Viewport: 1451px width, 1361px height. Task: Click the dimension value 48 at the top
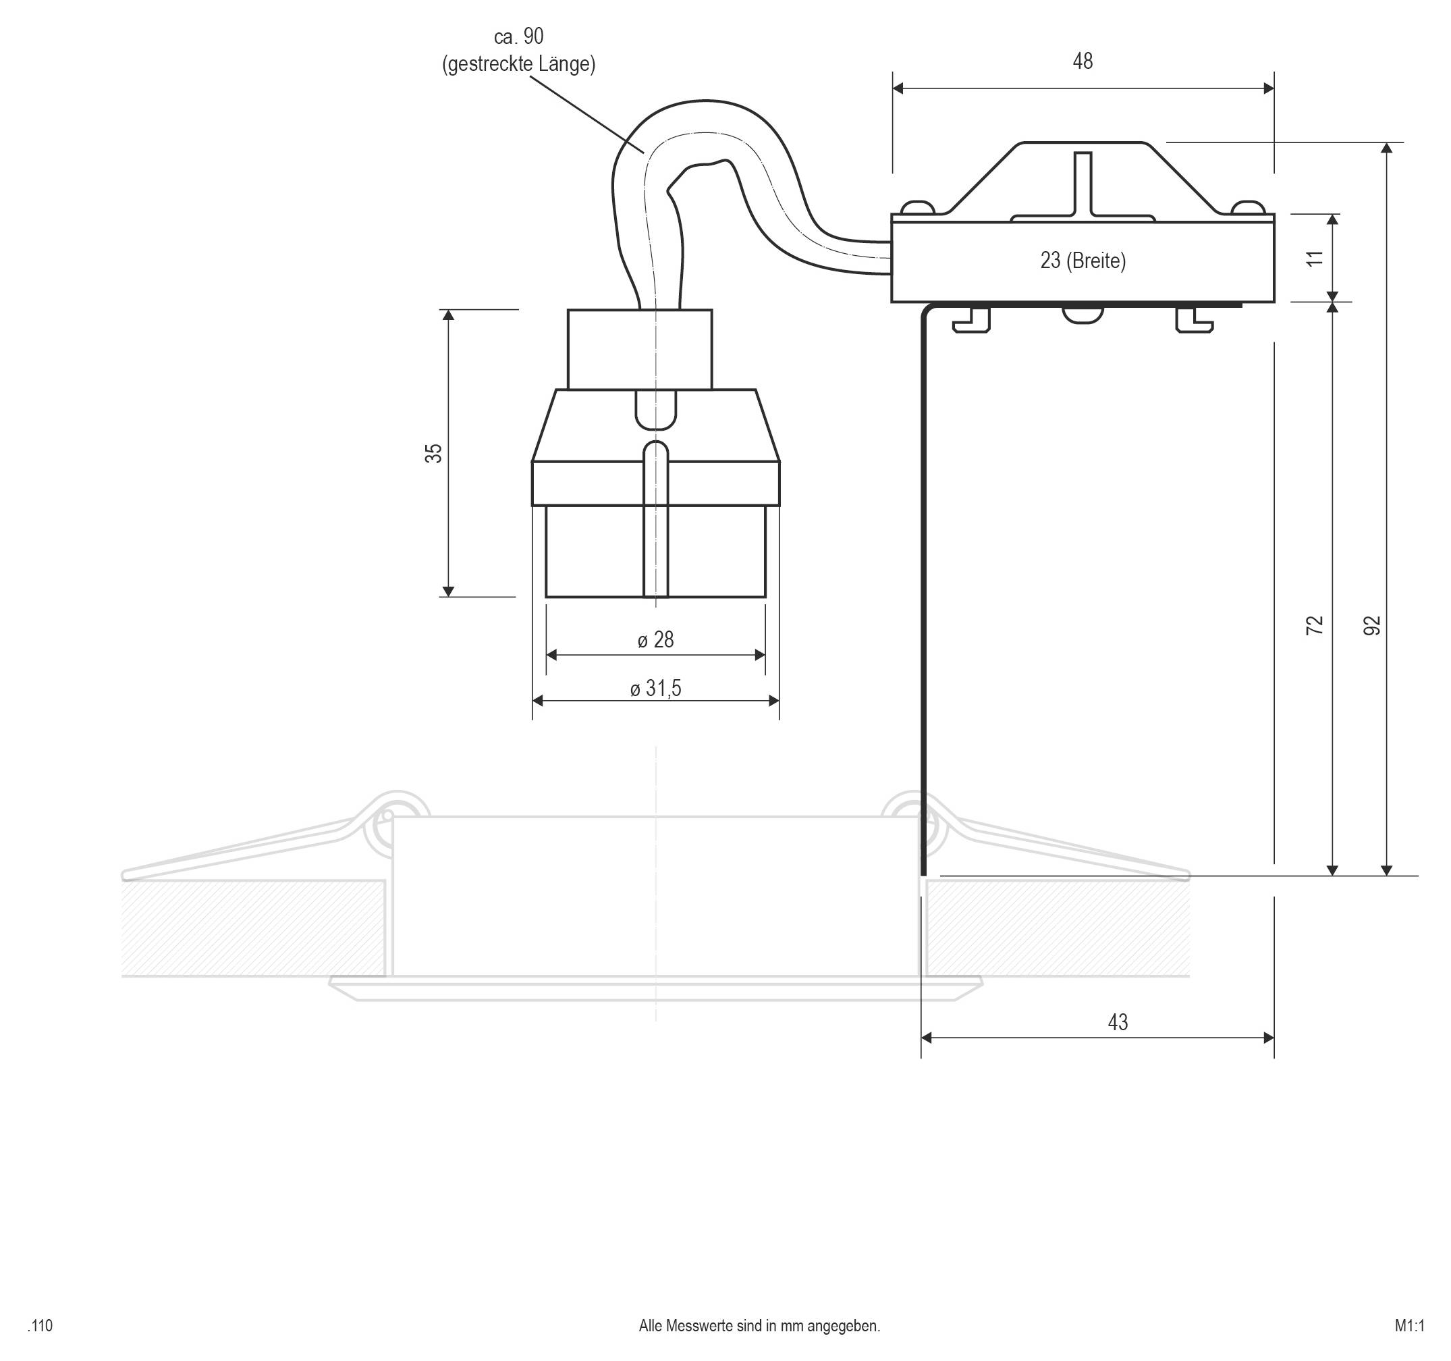click(x=1083, y=61)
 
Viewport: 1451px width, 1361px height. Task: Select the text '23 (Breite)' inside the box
click(x=1083, y=261)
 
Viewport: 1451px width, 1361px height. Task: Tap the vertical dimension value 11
click(x=1314, y=258)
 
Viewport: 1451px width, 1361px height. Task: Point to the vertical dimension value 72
click(x=1314, y=625)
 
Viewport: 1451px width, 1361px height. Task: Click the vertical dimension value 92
click(x=1372, y=625)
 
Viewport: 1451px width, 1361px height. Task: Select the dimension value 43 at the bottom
click(x=1118, y=1022)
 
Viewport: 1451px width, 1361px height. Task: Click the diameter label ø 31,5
click(x=655, y=689)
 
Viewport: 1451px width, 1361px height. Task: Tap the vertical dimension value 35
click(x=433, y=453)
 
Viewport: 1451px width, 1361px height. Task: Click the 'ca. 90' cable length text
click(x=518, y=36)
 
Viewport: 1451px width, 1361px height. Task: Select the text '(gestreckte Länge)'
click(x=518, y=64)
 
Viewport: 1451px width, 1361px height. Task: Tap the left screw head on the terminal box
click(x=919, y=207)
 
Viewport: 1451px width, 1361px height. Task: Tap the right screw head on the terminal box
click(x=1248, y=207)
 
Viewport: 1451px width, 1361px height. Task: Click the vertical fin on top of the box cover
click(x=1083, y=182)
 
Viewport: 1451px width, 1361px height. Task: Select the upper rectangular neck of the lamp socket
click(x=639, y=349)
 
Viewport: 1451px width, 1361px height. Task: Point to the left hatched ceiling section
click(x=252, y=928)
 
